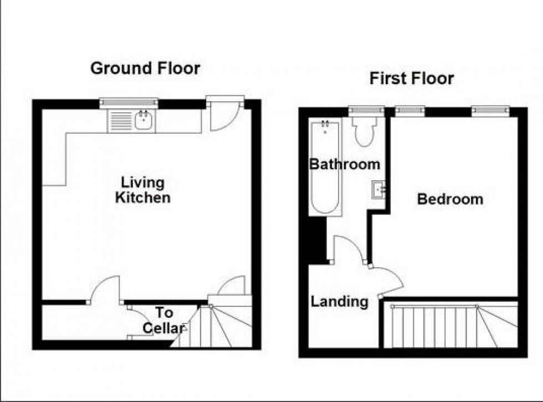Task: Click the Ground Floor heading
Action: [x=145, y=69]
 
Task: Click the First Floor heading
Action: [x=412, y=79]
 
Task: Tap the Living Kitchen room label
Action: [x=142, y=190]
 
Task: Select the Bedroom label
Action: [x=450, y=199]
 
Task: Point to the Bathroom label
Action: [x=345, y=164]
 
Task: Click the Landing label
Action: [x=339, y=301]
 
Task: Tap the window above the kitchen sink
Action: [x=129, y=102]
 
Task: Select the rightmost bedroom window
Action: [x=490, y=111]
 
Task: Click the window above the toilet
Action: [x=366, y=111]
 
